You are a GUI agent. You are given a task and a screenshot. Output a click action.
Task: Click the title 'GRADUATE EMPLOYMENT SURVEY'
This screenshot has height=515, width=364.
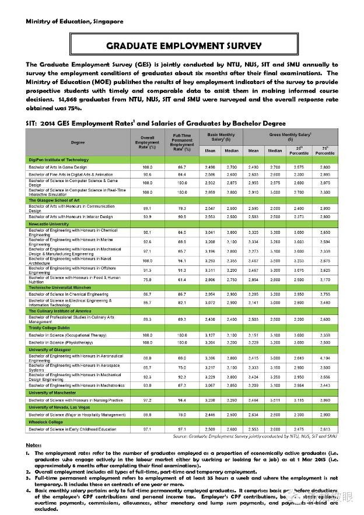tap(183, 46)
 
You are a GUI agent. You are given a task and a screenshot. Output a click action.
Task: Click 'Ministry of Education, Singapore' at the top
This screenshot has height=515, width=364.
tap(74, 22)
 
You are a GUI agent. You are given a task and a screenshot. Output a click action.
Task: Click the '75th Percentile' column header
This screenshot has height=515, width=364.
tap(325, 150)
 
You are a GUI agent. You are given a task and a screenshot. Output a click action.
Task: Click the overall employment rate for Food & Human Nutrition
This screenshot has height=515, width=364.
tap(147, 280)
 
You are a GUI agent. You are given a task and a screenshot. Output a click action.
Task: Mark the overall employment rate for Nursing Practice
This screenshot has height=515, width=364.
tap(147, 400)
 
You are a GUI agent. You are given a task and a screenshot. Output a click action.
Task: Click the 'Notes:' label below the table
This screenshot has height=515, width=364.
tap(34, 446)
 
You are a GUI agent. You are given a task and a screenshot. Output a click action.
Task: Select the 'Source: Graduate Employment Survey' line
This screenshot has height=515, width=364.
tap(254, 436)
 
